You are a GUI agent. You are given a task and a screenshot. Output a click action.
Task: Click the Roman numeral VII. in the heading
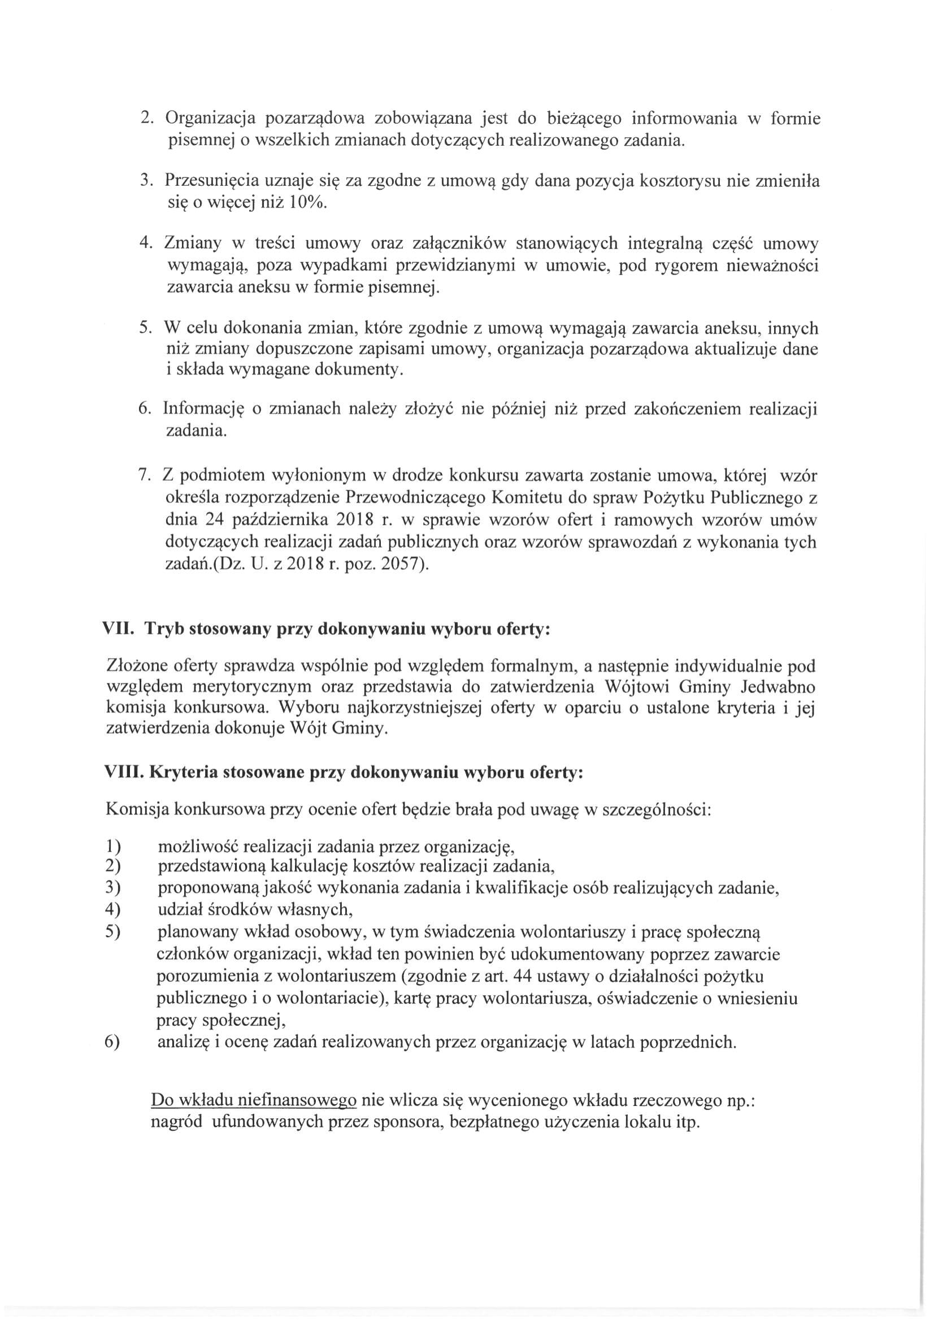(x=119, y=629)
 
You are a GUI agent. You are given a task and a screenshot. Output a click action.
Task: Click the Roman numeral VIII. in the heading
(x=123, y=772)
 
